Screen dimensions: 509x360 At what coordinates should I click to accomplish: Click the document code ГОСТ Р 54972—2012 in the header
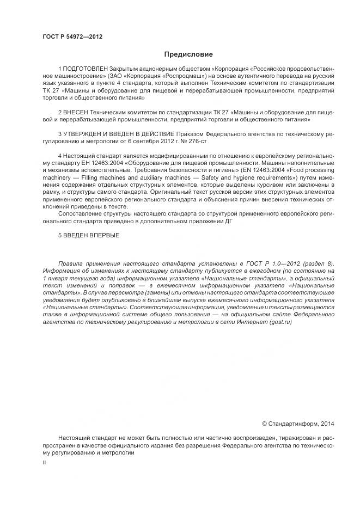pyautogui.click(x=72, y=36)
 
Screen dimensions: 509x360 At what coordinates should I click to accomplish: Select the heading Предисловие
pyautogui.click(x=188, y=54)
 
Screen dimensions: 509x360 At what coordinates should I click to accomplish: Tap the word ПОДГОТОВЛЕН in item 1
pyautogui.click(x=87, y=70)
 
